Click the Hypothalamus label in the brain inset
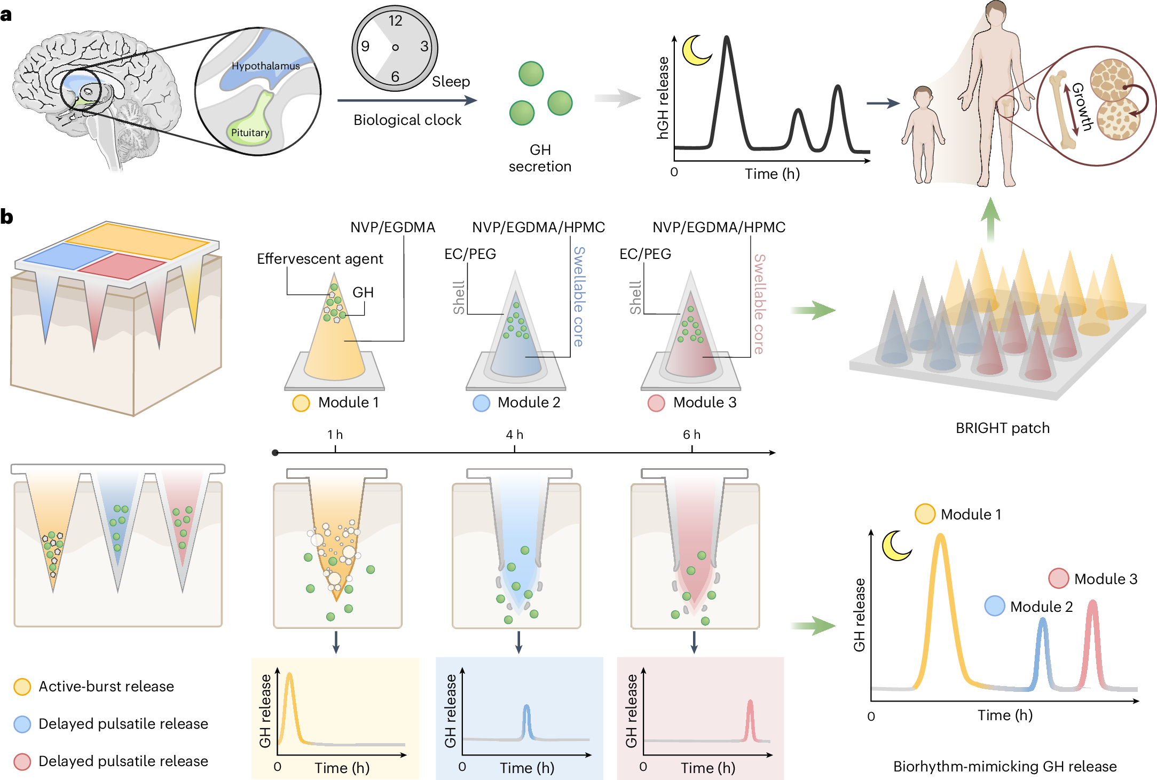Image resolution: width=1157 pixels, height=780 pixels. click(x=265, y=66)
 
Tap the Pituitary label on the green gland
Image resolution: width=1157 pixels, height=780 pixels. click(x=250, y=132)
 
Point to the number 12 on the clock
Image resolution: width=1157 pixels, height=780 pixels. click(x=395, y=21)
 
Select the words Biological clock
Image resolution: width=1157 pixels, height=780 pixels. click(x=407, y=120)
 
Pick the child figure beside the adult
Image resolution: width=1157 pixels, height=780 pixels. click(x=922, y=133)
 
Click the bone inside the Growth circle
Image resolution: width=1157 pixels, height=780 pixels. click(x=1063, y=110)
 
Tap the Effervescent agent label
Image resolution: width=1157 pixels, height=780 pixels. click(x=320, y=259)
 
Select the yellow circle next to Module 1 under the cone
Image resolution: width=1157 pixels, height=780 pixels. click(x=301, y=403)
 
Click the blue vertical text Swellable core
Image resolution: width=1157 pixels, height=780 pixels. click(x=579, y=296)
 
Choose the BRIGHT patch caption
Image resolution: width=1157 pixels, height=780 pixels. click(x=1002, y=428)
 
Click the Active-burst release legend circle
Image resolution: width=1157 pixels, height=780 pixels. click(x=22, y=687)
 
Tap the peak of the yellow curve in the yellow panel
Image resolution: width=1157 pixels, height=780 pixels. click(x=289, y=675)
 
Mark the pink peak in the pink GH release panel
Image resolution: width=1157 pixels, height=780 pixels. click(x=750, y=703)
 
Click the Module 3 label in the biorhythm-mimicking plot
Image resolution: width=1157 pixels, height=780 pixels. click(x=1105, y=579)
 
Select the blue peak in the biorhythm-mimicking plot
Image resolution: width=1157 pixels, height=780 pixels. click(x=1042, y=621)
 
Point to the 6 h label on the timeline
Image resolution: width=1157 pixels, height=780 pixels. click(x=691, y=435)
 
